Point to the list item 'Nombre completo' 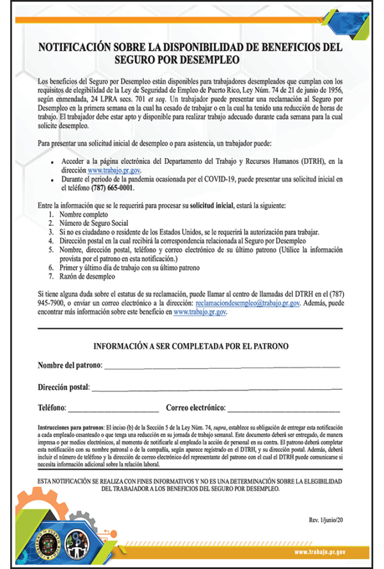tap(84, 216)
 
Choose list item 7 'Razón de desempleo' tap(86, 277)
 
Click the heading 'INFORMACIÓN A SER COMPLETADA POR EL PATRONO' tap(191, 346)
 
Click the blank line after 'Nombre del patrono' tap(221, 366)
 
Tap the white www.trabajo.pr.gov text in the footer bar tap(320, 551)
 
